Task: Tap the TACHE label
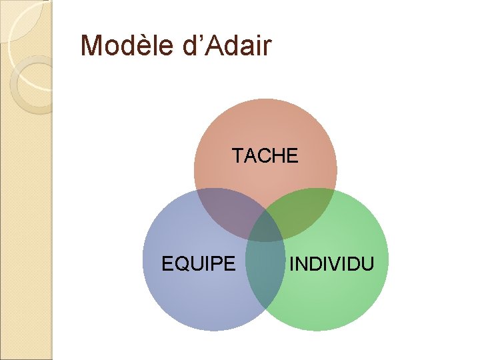pyautogui.click(x=265, y=156)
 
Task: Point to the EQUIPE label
pyautogui.click(x=199, y=264)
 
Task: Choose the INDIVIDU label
pyautogui.click(x=331, y=264)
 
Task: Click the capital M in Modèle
pyautogui.click(x=91, y=46)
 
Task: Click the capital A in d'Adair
pyautogui.click(x=213, y=46)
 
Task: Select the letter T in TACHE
pyautogui.click(x=237, y=156)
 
